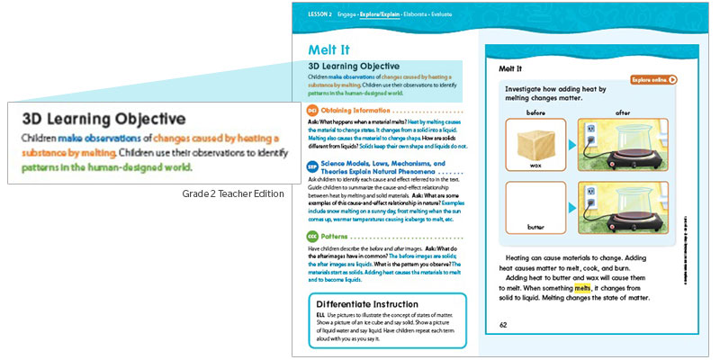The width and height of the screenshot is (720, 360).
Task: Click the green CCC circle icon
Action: pos(301,238)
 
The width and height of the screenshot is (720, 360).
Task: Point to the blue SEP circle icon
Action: pos(301,167)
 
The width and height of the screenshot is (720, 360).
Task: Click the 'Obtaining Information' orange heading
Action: pos(346,110)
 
